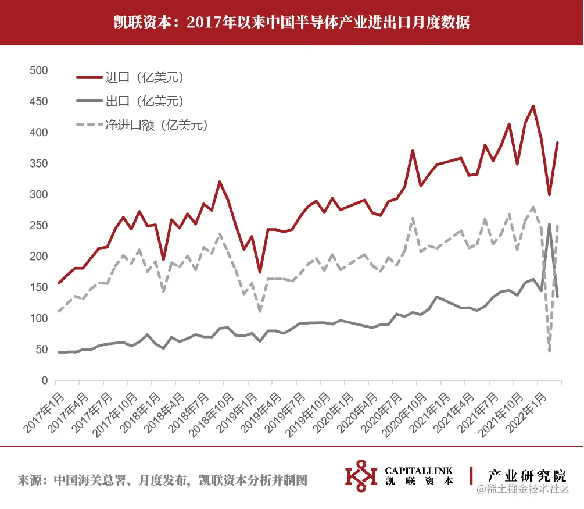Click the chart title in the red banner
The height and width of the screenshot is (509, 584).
click(292, 23)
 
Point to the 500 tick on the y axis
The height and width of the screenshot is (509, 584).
click(38, 70)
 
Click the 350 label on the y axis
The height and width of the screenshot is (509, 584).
click(38, 163)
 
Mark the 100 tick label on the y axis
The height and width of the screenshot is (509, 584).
click(38, 319)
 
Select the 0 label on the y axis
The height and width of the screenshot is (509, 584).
click(44, 381)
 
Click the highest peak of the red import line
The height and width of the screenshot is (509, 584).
click(533, 106)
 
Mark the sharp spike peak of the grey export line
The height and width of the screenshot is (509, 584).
click(550, 224)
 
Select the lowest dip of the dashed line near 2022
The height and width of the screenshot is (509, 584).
click(550, 350)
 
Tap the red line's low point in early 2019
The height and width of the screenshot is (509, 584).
click(260, 272)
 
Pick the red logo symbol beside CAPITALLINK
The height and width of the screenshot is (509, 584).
click(360, 475)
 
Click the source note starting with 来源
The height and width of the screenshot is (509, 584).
click(162, 480)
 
